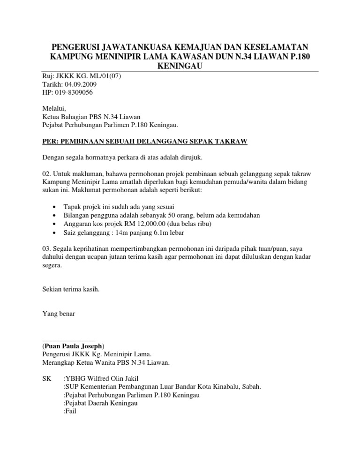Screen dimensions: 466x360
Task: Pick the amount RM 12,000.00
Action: click(152, 224)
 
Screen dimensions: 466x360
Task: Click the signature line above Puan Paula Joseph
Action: click(68, 340)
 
